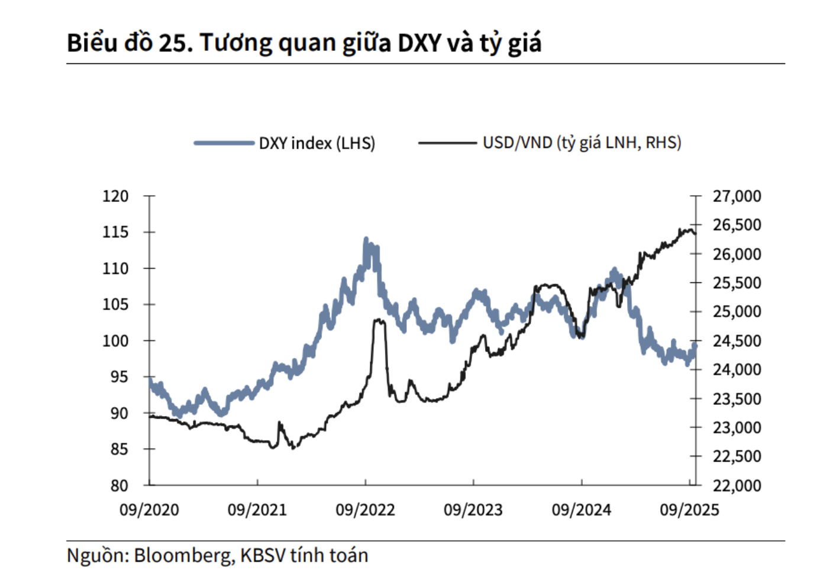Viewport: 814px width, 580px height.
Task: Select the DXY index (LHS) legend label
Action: [316, 143]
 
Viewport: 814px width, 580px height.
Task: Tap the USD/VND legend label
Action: [582, 143]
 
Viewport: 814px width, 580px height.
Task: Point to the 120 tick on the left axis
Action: [115, 196]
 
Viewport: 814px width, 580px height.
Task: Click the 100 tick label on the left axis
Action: [115, 341]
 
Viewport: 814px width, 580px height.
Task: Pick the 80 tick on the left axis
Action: [119, 485]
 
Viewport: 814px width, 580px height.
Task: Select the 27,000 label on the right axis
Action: [737, 196]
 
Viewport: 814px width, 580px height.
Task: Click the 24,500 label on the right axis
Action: [737, 341]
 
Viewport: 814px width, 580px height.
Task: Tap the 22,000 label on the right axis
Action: [737, 485]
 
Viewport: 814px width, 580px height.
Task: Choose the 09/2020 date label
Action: [149, 510]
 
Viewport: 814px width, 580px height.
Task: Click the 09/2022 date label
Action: [365, 510]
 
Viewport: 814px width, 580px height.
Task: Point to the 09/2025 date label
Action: [689, 510]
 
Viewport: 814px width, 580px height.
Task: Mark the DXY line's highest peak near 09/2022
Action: [366, 240]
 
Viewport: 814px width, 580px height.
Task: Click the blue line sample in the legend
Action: [224, 143]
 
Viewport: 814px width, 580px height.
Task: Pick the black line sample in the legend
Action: [447, 143]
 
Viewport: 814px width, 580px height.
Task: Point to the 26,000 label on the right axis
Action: [737, 254]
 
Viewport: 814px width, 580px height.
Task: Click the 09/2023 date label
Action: [473, 510]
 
